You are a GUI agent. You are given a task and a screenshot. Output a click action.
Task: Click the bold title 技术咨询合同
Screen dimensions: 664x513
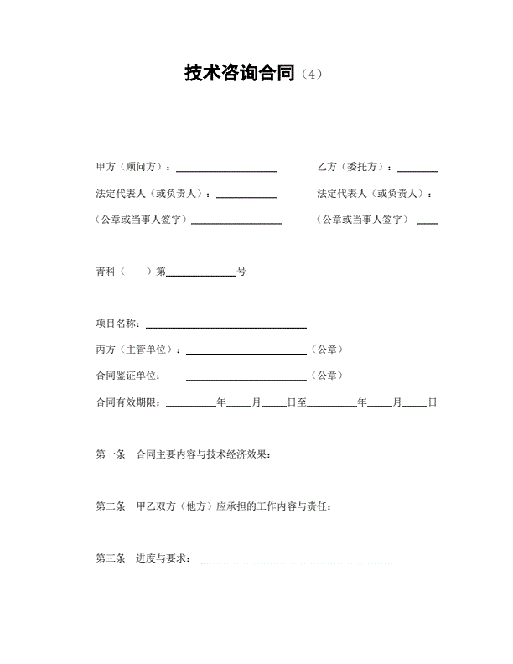(x=240, y=74)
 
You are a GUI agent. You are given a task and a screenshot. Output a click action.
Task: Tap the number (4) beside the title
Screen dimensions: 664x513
(x=310, y=75)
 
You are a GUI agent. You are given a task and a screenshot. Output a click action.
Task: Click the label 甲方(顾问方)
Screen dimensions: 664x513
(x=133, y=167)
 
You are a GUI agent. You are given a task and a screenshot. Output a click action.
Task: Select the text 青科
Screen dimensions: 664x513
(x=106, y=272)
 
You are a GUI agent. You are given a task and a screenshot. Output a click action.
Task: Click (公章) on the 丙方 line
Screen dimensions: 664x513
(x=326, y=350)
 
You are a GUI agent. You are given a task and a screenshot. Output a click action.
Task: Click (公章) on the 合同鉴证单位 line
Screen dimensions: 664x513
(x=326, y=376)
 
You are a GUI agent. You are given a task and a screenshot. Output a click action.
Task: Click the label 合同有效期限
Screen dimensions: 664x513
(x=130, y=402)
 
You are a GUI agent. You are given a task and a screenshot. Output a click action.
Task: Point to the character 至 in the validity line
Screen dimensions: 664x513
(x=301, y=402)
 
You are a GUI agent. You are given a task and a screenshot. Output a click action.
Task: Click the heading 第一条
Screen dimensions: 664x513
(x=110, y=455)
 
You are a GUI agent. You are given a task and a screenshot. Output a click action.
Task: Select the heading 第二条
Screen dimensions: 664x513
(x=110, y=506)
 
